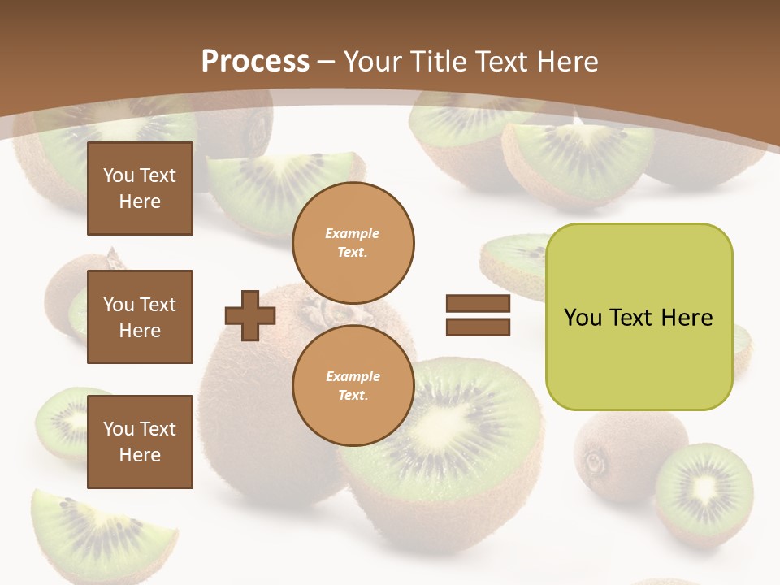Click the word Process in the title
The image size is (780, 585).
pos(255,62)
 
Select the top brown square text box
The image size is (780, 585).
pos(140,188)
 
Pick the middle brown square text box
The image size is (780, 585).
pos(140,317)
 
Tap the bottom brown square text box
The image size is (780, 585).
pos(140,442)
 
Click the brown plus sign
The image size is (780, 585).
pos(250,315)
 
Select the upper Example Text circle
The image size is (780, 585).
pos(353,243)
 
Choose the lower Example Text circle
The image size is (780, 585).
pos(353,386)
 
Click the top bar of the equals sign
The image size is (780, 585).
pos(478,304)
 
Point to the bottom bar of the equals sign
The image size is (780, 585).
pos(478,327)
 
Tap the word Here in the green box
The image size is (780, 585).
pos(687,318)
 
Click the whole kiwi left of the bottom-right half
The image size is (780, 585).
pos(619,451)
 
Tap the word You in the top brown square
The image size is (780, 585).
pos(119,175)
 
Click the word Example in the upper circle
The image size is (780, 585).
pos(353,233)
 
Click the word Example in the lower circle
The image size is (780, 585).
pos(353,376)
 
